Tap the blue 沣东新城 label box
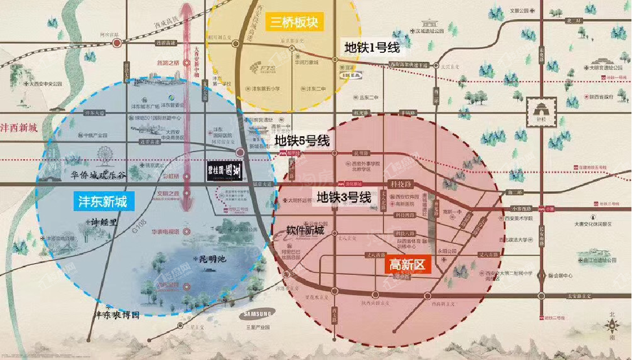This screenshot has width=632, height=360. tap(103, 202)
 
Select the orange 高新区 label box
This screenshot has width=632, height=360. tap(407, 265)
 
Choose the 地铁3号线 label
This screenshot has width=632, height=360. tap(343, 196)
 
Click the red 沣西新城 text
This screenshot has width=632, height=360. tap(19, 128)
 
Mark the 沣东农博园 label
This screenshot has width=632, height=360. tap(118, 315)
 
